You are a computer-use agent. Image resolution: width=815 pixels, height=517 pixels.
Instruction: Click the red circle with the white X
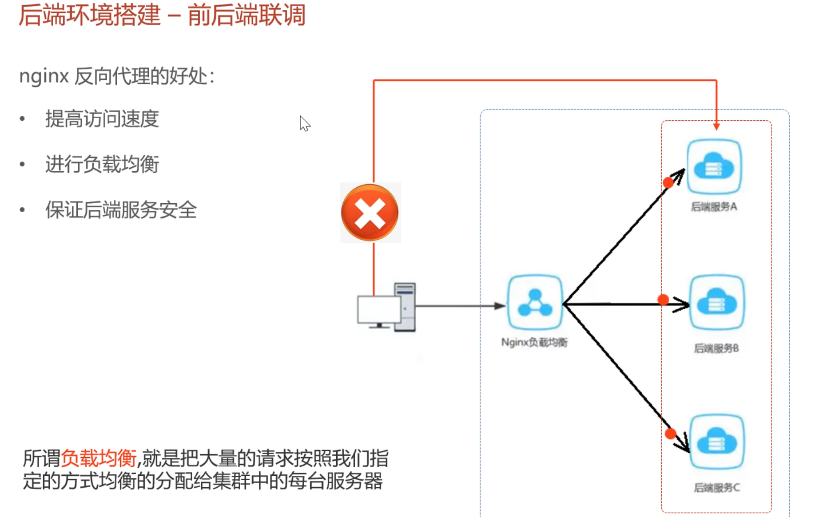click(x=370, y=213)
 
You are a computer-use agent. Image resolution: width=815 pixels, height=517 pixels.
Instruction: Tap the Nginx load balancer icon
click(x=535, y=303)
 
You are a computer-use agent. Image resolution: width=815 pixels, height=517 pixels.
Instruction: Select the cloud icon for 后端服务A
click(x=714, y=167)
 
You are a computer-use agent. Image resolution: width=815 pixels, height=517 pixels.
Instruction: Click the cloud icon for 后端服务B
click(x=717, y=303)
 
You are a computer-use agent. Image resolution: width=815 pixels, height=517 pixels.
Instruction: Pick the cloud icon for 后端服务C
click(x=717, y=442)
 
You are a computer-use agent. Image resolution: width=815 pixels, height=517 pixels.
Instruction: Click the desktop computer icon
click(x=386, y=308)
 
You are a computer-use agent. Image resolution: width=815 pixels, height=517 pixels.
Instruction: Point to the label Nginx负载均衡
click(x=534, y=342)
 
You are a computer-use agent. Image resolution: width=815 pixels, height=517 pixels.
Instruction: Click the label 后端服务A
click(x=714, y=207)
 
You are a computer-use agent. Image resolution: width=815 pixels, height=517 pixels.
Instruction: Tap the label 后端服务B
click(x=716, y=348)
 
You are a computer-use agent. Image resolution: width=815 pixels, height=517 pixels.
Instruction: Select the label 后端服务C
click(x=717, y=488)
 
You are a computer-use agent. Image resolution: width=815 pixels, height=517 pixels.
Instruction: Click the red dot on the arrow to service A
click(x=668, y=182)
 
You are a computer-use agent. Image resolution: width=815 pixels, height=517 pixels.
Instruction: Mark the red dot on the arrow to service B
click(x=663, y=300)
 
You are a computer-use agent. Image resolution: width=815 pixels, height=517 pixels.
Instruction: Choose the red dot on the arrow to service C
click(x=671, y=434)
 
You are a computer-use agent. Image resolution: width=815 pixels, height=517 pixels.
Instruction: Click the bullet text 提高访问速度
click(x=102, y=119)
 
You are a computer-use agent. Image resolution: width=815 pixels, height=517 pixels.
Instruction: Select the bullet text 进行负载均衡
click(x=102, y=165)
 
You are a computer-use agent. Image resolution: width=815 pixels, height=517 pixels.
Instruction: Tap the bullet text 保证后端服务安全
click(x=121, y=210)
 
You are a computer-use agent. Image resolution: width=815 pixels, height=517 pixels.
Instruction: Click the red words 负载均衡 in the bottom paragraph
click(x=99, y=458)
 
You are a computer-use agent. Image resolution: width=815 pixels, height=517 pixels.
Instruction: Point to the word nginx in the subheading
click(x=44, y=76)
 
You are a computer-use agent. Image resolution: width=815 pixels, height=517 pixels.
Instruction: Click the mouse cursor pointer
click(x=304, y=123)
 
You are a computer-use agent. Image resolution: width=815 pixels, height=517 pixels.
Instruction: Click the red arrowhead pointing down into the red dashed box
click(x=716, y=126)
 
